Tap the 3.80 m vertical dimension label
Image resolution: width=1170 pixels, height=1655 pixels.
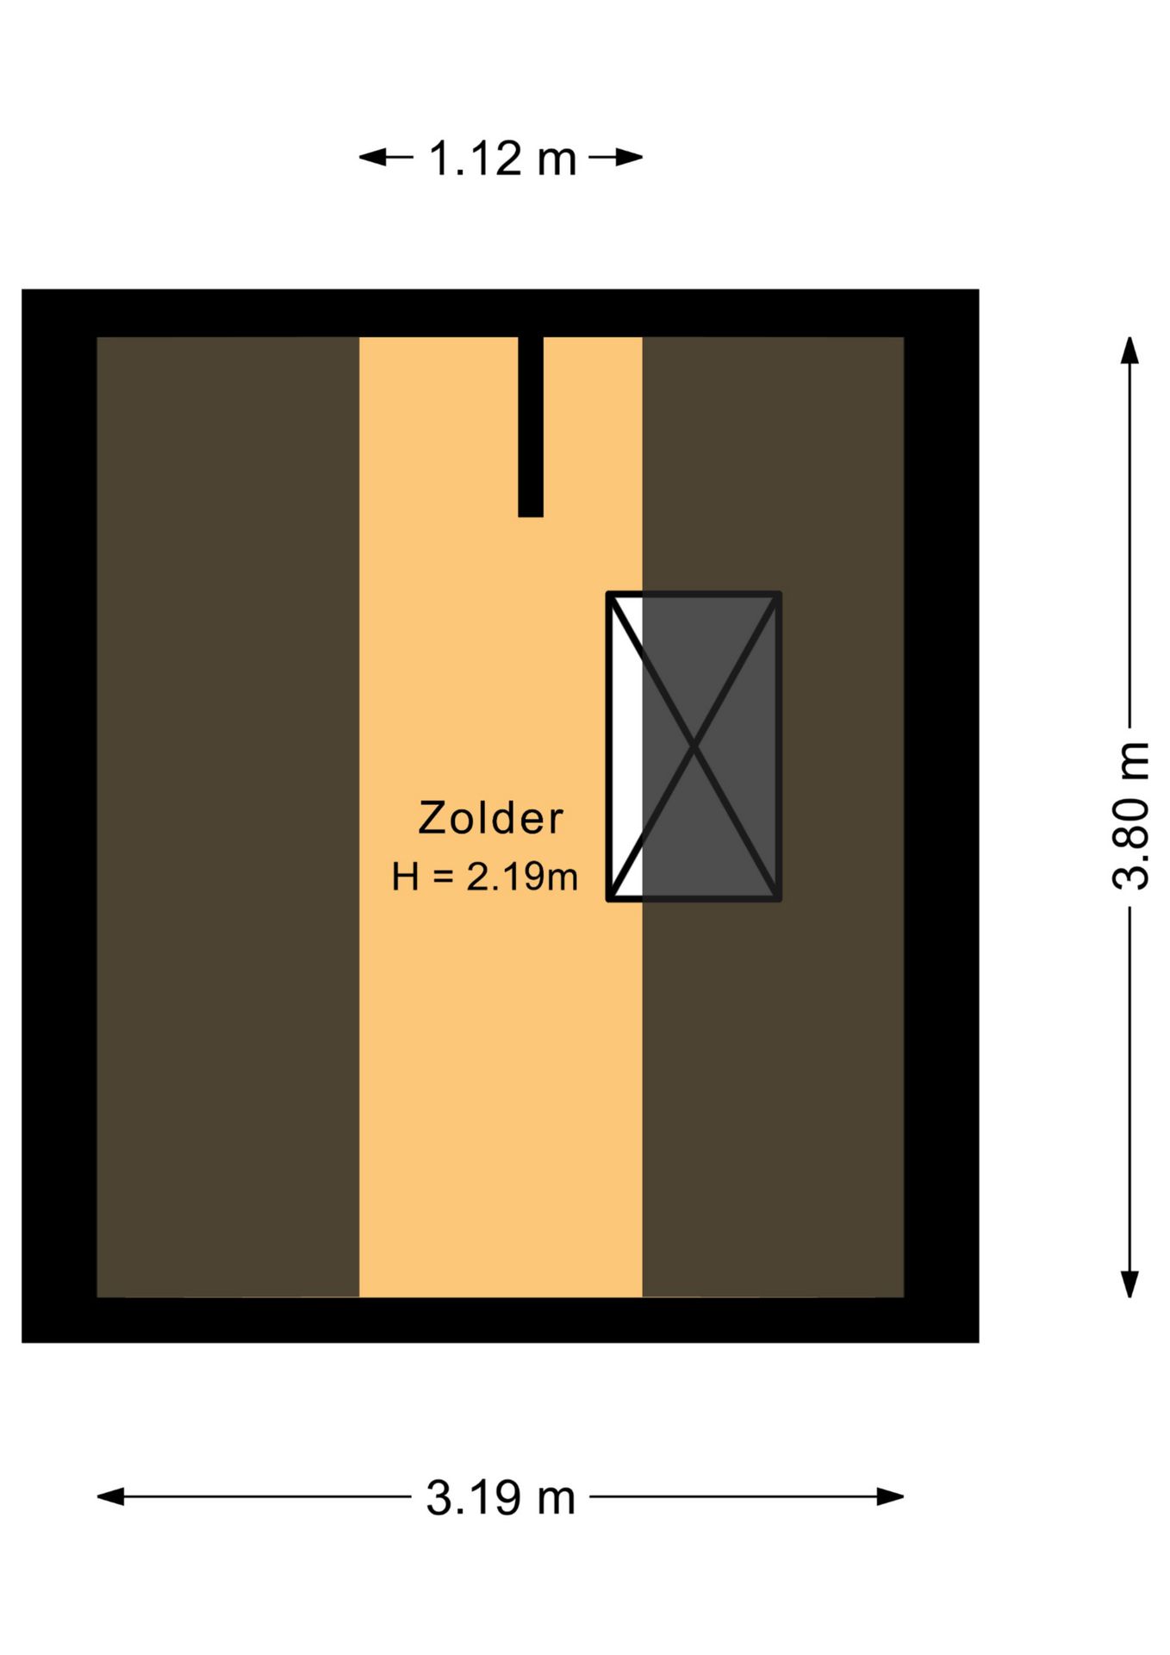pyautogui.click(x=1131, y=815)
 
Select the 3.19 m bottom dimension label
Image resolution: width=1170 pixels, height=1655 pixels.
pyautogui.click(x=501, y=1497)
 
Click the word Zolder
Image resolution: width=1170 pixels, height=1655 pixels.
pyautogui.click(x=490, y=818)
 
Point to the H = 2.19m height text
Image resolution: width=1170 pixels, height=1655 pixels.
pyautogui.click(x=484, y=877)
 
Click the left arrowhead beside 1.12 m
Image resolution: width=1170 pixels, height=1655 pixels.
pyautogui.click(x=373, y=157)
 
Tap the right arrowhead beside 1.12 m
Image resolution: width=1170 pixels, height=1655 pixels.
pyautogui.click(x=629, y=157)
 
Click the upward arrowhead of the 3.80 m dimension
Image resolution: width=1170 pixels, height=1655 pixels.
pyautogui.click(x=1130, y=351)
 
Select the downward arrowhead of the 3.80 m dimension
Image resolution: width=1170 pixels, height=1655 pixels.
pyautogui.click(x=1130, y=1283)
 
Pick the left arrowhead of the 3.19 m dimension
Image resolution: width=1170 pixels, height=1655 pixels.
pyautogui.click(x=111, y=1496)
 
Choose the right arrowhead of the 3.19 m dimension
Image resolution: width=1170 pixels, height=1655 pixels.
pyautogui.click(x=890, y=1496)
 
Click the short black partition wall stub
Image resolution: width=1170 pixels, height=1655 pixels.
pyautogui.click(x=531, y=427)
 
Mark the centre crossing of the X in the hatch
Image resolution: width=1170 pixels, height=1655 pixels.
pyautogui.click(x=694, y=746)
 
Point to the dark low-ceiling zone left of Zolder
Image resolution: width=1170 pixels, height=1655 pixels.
pyautogui.click(x=227, y=816)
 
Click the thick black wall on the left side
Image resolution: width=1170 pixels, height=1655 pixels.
pyautogui.click(x=59, y=815)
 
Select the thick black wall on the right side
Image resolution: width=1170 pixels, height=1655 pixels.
pyautogui.click(x=942, y=815)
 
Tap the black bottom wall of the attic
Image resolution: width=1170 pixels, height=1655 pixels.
pyautogui.click(x=501, y=1320)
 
